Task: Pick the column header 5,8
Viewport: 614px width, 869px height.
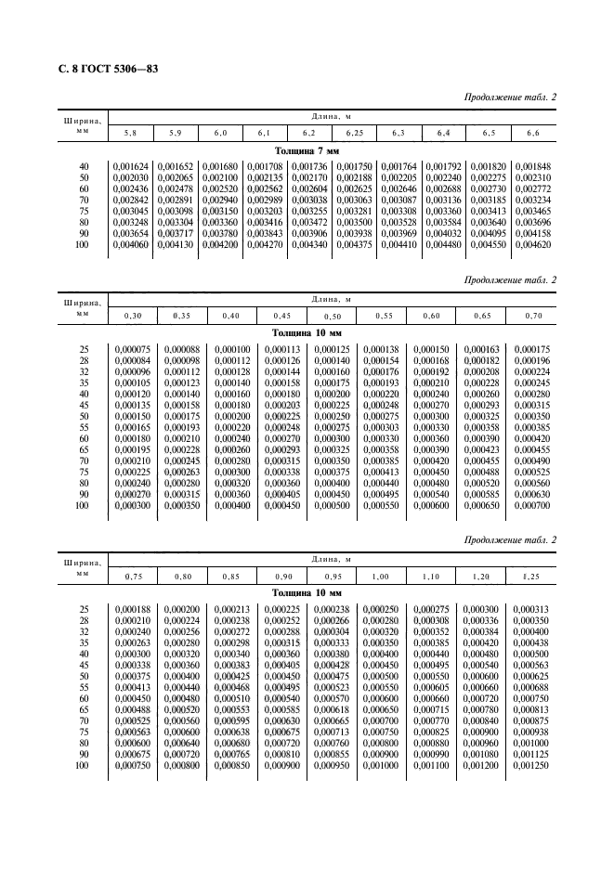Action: click(x=131, y=134)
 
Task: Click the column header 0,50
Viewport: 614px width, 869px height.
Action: click(x=332, y=316)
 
